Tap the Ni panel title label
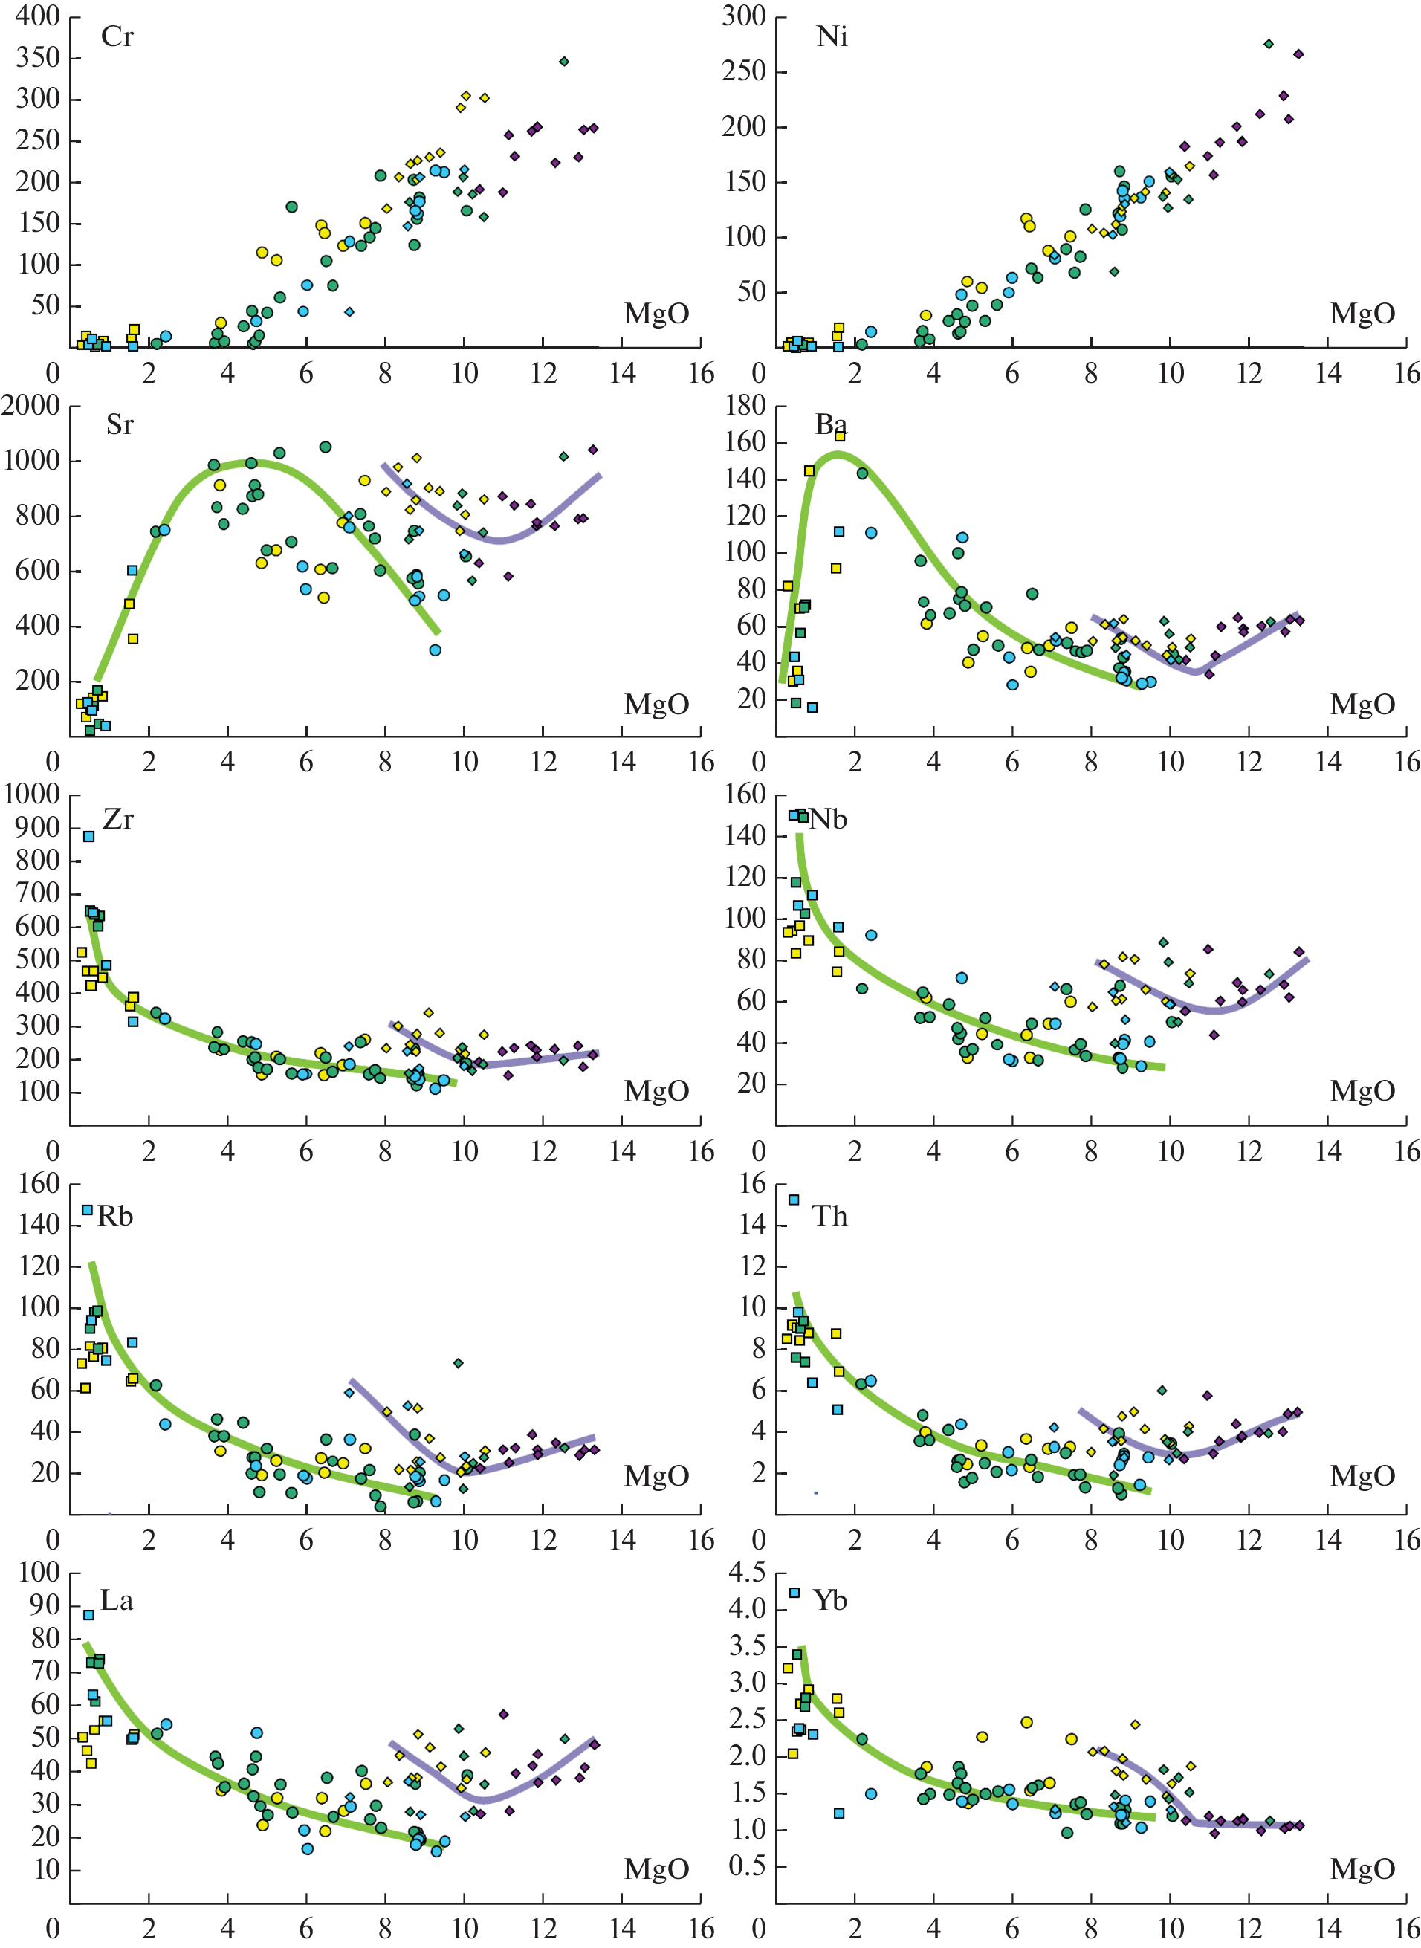[831, 37]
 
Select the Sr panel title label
[120, 425]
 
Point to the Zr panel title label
[118, 820]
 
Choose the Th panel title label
[830, 1216]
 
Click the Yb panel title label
[830, 1601]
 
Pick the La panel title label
[117, 1601]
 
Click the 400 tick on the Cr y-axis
[38, 16]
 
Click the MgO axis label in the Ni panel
[1362, 314]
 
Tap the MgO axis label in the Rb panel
[656, 1476]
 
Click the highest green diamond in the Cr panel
[564, 61]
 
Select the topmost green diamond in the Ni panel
[1269, 44]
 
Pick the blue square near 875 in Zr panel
[88, 836]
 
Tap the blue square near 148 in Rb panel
[87, 1209]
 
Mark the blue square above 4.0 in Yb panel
[794, 1592]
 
